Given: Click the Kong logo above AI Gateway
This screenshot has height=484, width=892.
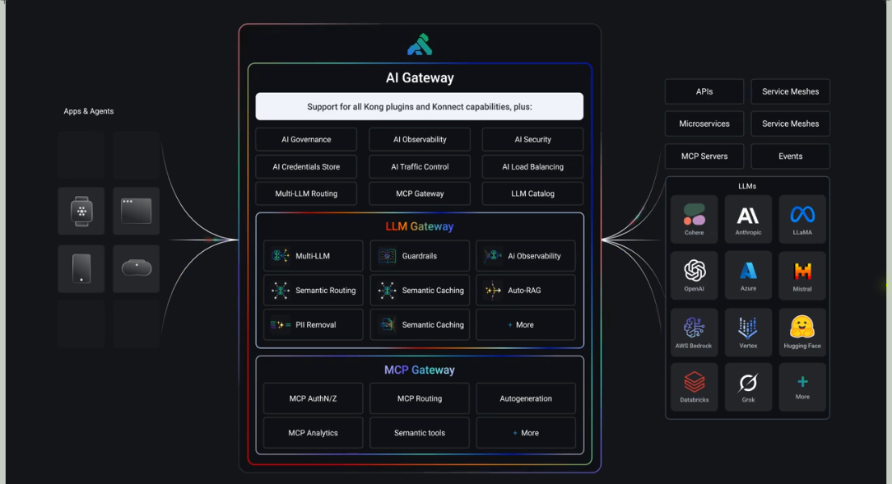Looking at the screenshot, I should click(420, 44).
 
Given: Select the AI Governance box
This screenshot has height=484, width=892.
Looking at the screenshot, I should click(306, 140).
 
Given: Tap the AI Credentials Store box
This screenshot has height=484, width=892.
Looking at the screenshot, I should click(306, 167).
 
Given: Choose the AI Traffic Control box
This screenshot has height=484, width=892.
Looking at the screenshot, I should click(420, 167).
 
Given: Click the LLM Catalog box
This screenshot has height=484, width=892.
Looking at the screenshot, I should click(532, 194).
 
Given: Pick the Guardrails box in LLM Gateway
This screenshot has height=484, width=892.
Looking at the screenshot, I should click(420, 256).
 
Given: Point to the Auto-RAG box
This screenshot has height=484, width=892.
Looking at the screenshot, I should click(525, 291).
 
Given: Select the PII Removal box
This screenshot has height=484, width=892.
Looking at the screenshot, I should click(314, 325).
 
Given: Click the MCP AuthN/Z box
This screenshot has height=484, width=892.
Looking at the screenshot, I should click(313, 398).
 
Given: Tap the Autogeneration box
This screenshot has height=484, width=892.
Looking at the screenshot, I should click(526, 398).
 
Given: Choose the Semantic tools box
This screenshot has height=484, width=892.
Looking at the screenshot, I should click(420, 433).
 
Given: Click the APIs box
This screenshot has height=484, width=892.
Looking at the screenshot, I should click(704, 91).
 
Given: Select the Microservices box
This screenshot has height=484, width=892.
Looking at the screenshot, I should click(704, 123).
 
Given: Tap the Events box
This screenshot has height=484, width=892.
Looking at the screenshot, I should click(791, 156).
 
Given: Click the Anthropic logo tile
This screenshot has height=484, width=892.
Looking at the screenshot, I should click(748, 219).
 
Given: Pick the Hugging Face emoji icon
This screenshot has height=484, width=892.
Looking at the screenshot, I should click(802, 328).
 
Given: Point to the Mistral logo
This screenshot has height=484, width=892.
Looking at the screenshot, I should click(802, 271).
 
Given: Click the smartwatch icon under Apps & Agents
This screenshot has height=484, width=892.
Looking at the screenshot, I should click(81, 212).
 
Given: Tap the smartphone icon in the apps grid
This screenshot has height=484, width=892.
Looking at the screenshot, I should click(81, 268).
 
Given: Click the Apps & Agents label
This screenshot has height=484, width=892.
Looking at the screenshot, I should click(89, 111).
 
